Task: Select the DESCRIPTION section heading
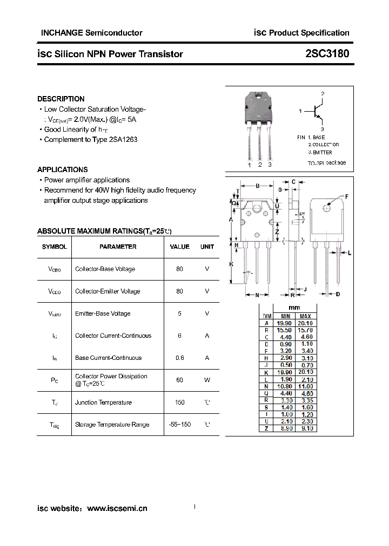tap(61, 99)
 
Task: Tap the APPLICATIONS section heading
tap(62, 169)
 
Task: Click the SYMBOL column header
tap(54, 247)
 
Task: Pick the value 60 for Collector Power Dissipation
tap(179, 380)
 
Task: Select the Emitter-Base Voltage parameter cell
tap(103, 313)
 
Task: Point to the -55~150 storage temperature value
tap(179, 425)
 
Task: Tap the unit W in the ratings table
tap(207, 380)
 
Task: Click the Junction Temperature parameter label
tap(103, 402)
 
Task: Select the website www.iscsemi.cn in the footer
tap(117, 508)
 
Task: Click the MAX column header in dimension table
tap(305, 316)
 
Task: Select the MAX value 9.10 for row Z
tap(305, 428)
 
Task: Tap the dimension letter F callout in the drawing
tap(346, 196)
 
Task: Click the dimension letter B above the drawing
tap(258, 186)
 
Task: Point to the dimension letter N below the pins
tap(258, 295)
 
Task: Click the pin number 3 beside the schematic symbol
tap(322, 129)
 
